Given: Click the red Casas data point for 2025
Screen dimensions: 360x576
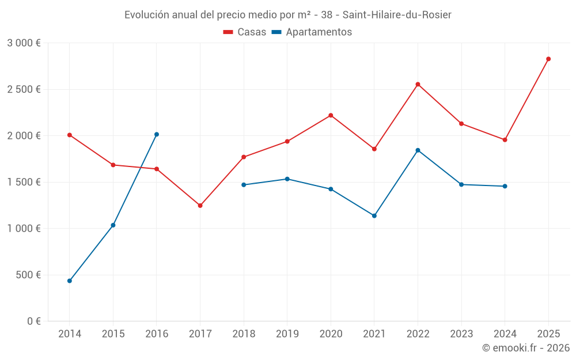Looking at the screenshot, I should click(x=548, y=59).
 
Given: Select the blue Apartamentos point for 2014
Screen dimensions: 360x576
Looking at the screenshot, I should click(x=70, y=281).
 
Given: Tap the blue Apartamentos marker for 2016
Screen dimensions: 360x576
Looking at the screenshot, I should click(x=157, y=134).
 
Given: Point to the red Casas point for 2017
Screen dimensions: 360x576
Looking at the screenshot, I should click(x=200, y=206).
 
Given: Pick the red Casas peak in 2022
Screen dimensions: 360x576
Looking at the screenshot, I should click(x=418, y=84).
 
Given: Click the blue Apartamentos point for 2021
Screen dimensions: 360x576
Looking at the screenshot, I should click(x=374, y=216).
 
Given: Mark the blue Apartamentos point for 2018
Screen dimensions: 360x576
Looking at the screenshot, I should click(x=244, y=185).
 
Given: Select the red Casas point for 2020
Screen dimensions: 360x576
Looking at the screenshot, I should click(x=331, y=115).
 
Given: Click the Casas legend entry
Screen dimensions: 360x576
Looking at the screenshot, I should click(x=245, y=32).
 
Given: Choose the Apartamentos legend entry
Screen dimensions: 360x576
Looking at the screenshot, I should click(x=312, y=32).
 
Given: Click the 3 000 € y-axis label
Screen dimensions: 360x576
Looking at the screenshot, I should click(x=24, y=43).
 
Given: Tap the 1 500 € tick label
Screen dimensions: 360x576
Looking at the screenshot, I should click(x=24, y=182).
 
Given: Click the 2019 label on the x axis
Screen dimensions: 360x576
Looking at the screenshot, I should click(x=287, y=334).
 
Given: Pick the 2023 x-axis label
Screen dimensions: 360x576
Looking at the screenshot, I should click(x=461, y=334).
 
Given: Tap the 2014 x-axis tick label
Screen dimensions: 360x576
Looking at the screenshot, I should click(x=70, y=334).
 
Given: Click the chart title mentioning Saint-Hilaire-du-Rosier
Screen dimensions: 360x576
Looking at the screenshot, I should click(x=288, y=14).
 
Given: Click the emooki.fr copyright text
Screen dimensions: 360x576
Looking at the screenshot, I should click(x=525, y=348).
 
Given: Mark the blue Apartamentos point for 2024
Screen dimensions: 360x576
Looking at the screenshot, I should click(x=505, y=186).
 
